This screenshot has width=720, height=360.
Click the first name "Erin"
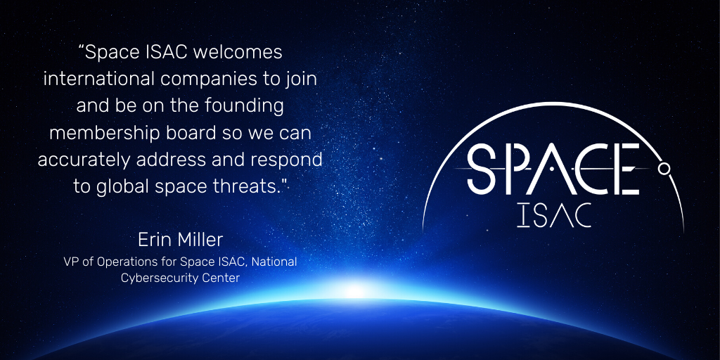[x=155, y=240]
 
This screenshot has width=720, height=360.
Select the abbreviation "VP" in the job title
[x=71, y=262]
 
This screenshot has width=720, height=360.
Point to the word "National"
[x=274, y=262]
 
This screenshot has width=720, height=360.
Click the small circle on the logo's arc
[x=664, y=169]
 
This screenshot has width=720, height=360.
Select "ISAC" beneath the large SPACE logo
[x=553, y=215]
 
